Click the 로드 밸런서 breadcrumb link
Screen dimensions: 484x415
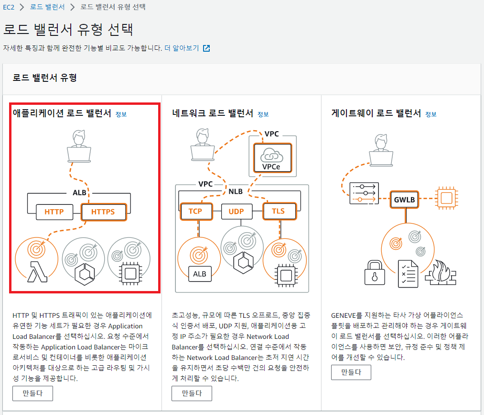(x=47, y=7)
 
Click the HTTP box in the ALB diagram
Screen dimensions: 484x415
(x=54, y=212)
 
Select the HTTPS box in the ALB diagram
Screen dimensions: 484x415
(x=103, y=212)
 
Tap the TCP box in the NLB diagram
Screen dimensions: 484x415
(x=195, y=211)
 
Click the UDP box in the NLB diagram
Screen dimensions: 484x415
(x=236, y=211)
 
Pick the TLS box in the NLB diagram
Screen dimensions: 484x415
(x=278, y=211)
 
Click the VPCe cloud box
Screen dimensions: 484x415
(x=272, y=158)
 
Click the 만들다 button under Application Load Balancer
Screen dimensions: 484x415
(x=32, y=393)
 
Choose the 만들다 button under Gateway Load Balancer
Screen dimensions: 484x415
(x=351, y=372)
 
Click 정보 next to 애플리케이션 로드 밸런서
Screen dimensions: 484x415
(x=121, y=114)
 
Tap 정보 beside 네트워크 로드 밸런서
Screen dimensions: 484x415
(x=263, y=114)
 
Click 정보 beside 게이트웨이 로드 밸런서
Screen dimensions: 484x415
(x=431, y=114)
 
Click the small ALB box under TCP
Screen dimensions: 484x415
(x=199, y=274)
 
